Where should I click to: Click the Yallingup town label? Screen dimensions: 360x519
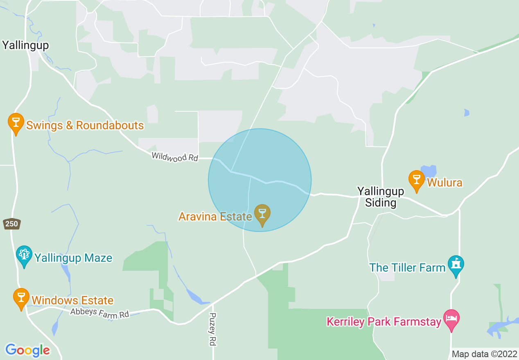pyautogui.click(x=25, y=45)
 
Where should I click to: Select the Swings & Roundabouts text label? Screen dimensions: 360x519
pyautogui.click(x=85, y=125)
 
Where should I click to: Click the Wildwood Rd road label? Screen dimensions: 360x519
pyautogui.click(x=175, y=157)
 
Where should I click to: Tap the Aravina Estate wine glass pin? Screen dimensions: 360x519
pyautogui.click(x=262, y=214)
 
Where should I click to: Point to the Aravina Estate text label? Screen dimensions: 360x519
pyautogui.click(x=215, y=216)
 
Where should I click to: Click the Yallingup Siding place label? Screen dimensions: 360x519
pyautogui.click(x=381, y=197)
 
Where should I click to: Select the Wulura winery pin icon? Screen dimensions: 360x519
pyautogui.click(x=417, y=180)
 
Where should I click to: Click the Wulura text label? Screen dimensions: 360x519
pyautogui.click(x=445, y=182)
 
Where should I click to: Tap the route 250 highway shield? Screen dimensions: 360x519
pyautogui.click(x=11, y=224)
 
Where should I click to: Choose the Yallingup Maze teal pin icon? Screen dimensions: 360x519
pyautogui.click(x=24, y=255)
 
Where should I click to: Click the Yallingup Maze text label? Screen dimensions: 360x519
pyautogui.click(x=73, y=258)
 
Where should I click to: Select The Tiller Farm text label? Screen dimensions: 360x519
pyautogui.click(x=407, y=268)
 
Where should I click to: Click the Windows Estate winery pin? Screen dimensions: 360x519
pyautogui.click(x=21, y=298)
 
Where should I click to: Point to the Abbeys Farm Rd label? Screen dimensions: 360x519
pyautogui.click(x=99, y=313)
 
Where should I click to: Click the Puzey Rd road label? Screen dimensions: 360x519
pyautogui.click(x=212, y=329)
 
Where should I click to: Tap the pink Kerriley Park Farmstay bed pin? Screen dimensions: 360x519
pyautogui.click(x=451, y=319)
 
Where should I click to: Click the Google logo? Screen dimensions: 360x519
pyautogui.click(x=27, y=350)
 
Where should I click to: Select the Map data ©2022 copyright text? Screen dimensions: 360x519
pyautogui.click(x=484, y=354)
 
